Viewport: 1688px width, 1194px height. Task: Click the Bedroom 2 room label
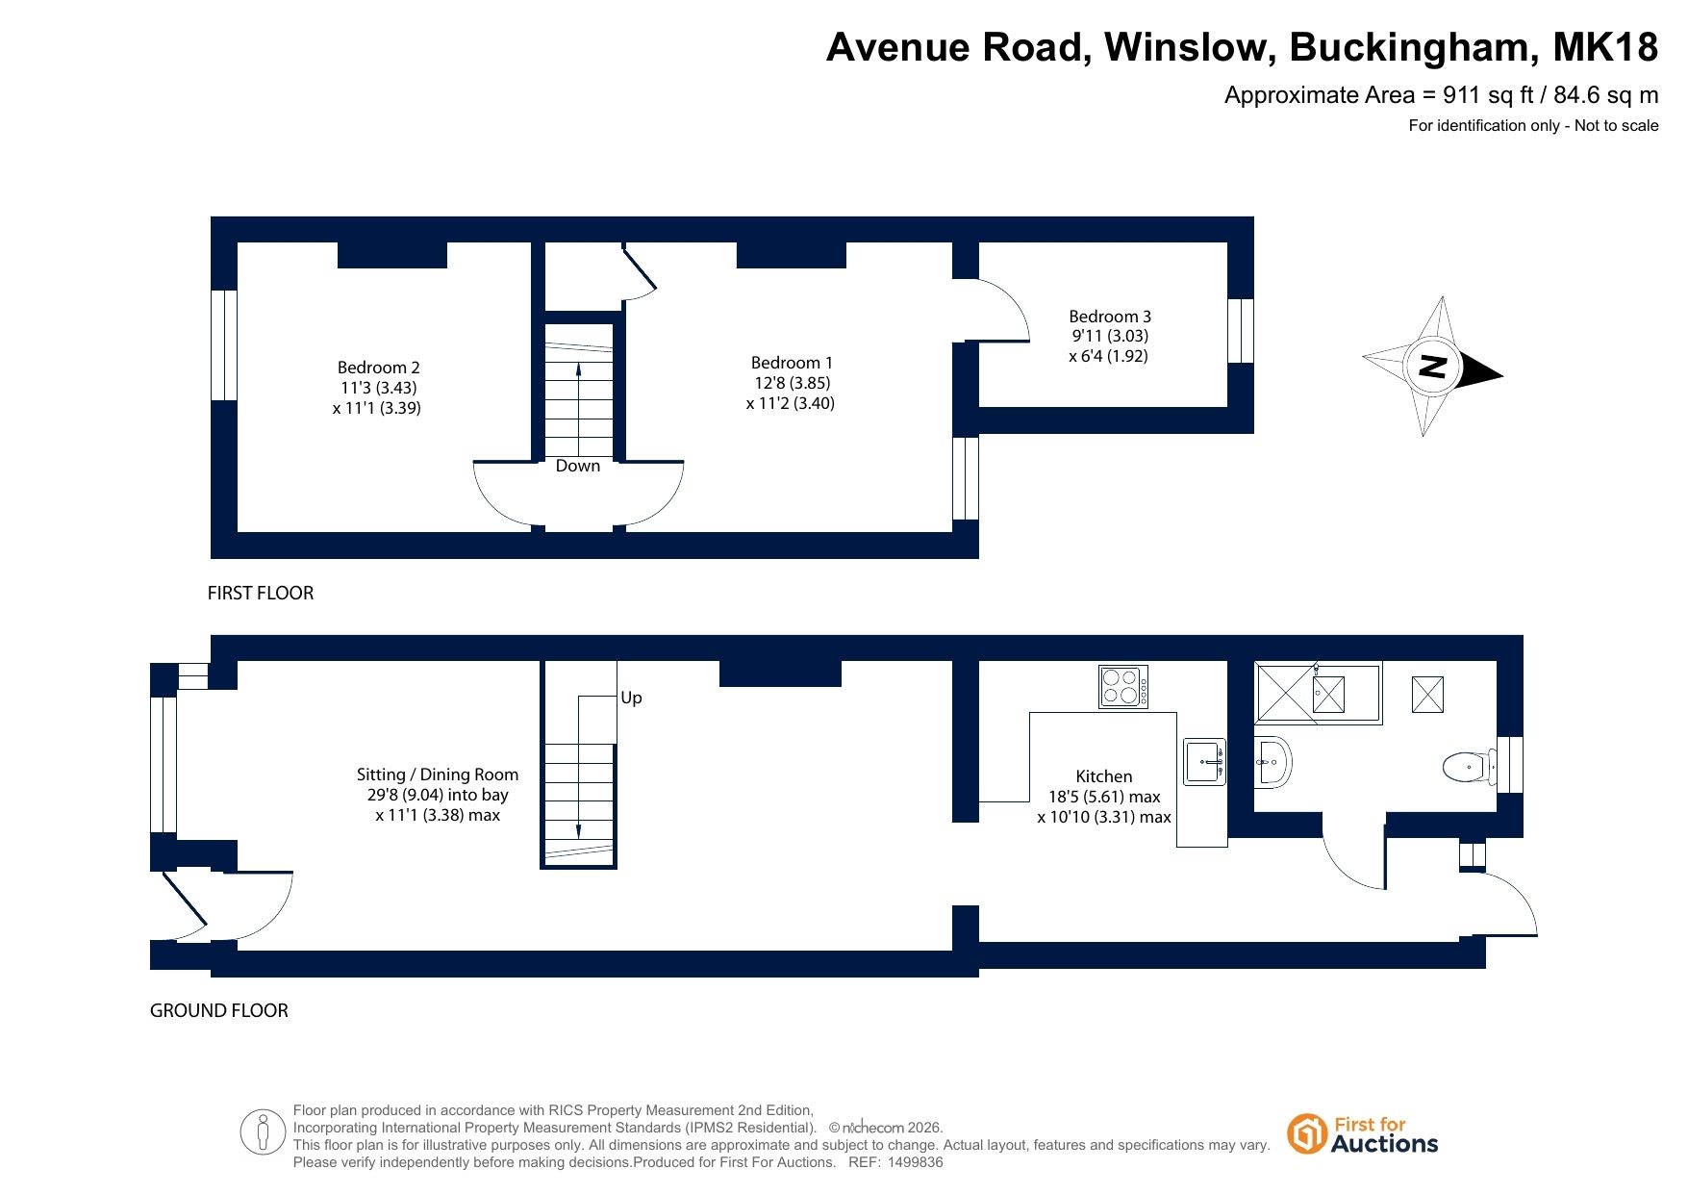coord(378,368)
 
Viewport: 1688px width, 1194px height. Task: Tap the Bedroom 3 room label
coord(1110,317)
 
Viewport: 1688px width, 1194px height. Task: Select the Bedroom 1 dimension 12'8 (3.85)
coord(792,383)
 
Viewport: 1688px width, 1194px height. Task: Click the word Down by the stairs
coord(578,466)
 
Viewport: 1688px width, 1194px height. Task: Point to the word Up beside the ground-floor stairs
coord(631,698)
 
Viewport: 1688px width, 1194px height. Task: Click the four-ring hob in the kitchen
coord(1123,687)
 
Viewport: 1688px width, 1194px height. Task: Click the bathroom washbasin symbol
coord(1272,762)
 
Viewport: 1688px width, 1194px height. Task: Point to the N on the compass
coord(1433,367)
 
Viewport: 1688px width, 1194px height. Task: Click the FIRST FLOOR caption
coord(261,593)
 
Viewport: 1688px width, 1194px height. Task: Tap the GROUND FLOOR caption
coord(219,1010)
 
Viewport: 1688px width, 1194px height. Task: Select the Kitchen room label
coord(1104,776)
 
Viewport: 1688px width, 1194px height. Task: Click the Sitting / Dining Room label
coord(438,775)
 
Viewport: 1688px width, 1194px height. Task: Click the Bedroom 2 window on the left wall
coord(224,344)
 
